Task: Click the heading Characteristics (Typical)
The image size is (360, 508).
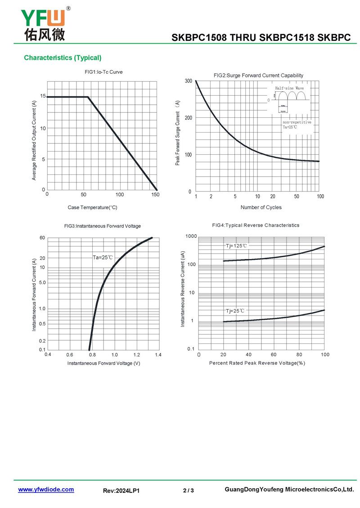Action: click(x=63, y=58)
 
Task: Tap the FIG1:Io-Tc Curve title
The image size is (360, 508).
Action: click(x=103, y=72)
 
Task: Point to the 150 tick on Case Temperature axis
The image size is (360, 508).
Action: click(x=155, y=195)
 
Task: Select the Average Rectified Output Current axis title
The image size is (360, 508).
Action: click(x=34, y=141)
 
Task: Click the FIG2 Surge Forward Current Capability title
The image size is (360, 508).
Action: click(x=258, y=76)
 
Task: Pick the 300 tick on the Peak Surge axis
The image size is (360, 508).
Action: click(x=188, y=81)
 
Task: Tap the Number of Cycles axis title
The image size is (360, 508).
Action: click(x=261, y=207)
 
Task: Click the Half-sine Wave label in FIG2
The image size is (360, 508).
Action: click(x=289, y=89)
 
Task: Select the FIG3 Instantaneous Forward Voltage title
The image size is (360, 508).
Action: click(x=103, y=226)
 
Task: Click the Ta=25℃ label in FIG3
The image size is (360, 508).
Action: click(x=103, y=258)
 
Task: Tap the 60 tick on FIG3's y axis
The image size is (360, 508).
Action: click(x=42, y=238)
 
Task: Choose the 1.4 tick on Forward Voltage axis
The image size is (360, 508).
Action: click(x=158, y=355)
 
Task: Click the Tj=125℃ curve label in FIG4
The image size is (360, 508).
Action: click(x=236, y=246)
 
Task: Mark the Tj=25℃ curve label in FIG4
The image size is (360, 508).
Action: click(x=235, y=311)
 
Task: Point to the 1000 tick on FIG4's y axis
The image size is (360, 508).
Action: click(x=191, y=236)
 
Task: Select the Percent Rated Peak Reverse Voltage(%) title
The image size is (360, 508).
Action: click(x=257, y=363)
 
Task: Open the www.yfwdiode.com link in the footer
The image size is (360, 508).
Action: click(x=46, y=490)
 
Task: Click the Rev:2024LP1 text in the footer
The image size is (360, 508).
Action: click(x=121, y=490)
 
